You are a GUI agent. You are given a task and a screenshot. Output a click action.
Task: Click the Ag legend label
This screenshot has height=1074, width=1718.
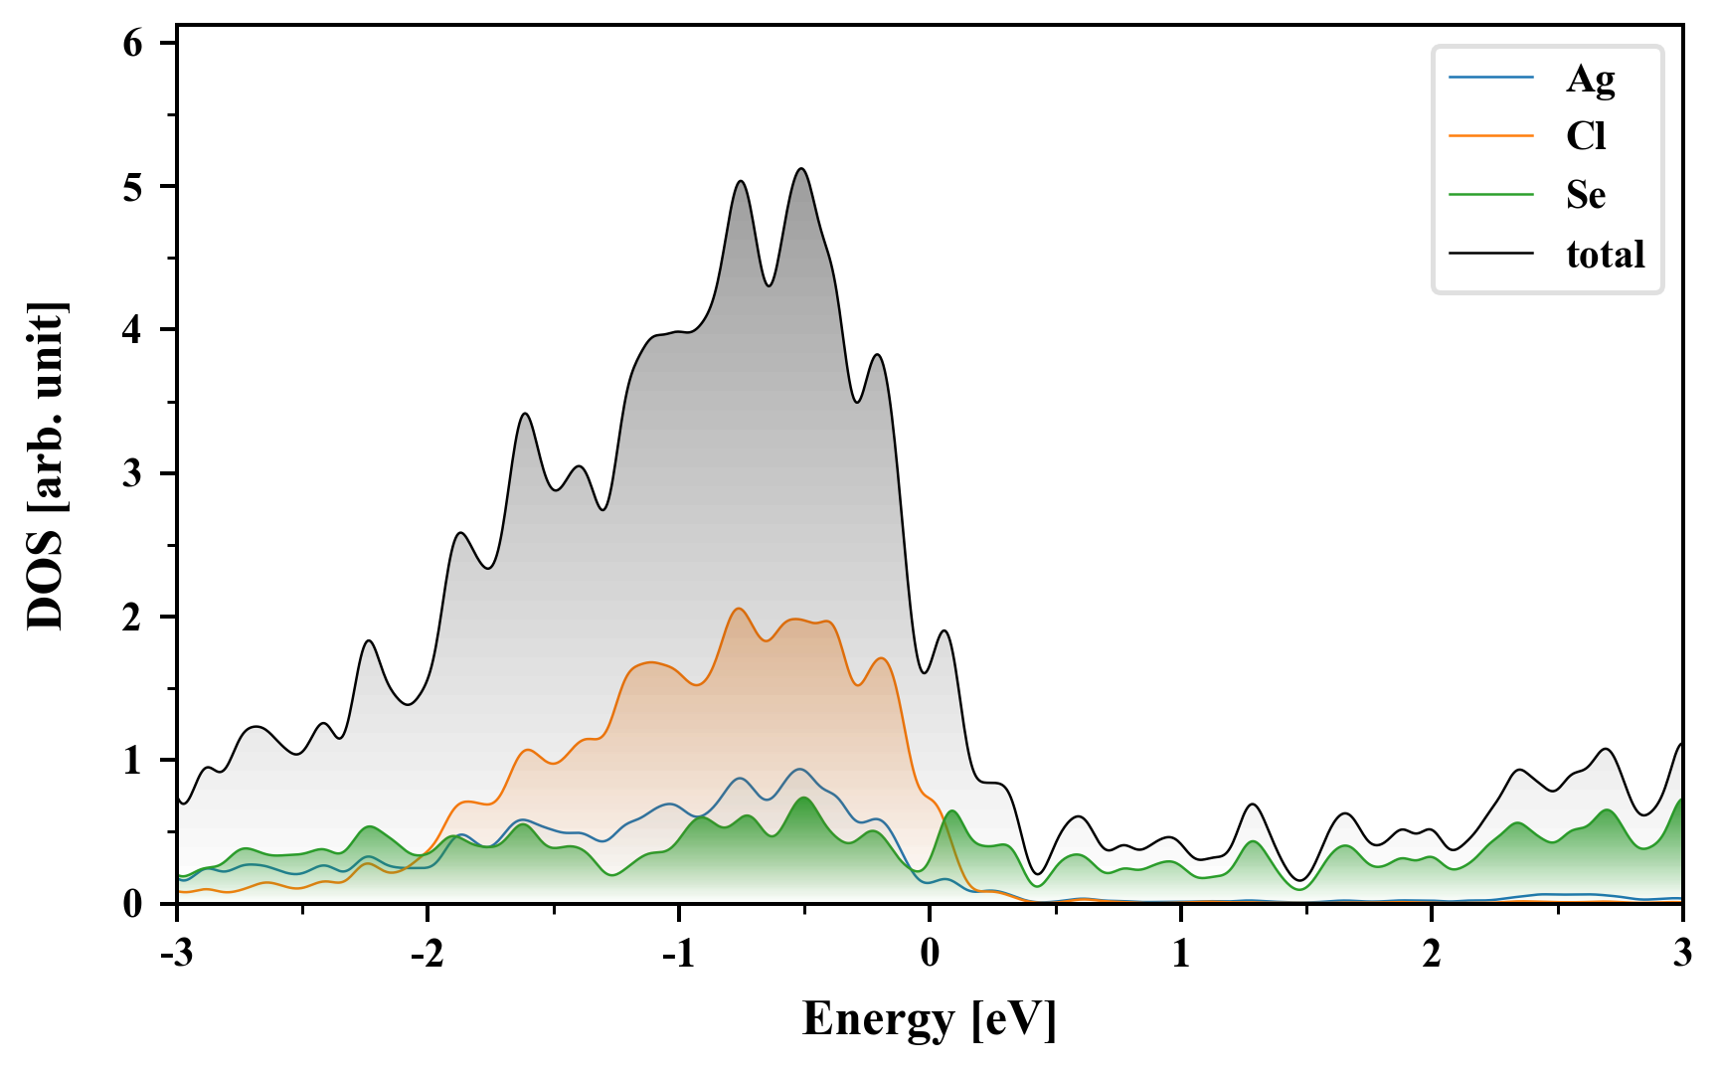pos(1590,79)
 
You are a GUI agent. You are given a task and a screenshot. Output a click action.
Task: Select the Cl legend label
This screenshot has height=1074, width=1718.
pos(1586,136)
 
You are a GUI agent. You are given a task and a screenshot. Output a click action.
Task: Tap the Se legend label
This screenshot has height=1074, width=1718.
pos(1586,195)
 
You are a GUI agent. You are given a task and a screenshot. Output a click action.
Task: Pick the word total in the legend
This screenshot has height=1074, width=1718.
pos(1605,255)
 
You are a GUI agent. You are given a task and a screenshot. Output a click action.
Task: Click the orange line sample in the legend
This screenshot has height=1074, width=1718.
pos(1491,136)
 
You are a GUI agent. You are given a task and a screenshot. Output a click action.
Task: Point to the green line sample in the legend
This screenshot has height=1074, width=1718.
pos(1491,195)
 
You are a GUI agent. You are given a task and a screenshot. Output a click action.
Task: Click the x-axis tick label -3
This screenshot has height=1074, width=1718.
pos(176,955)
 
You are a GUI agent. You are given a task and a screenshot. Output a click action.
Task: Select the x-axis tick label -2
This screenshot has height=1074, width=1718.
pos(427,955)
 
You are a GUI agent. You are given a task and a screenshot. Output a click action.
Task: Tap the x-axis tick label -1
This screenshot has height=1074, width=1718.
pos(678,955)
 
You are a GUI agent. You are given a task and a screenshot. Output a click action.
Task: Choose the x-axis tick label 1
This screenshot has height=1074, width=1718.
pos(1180,955)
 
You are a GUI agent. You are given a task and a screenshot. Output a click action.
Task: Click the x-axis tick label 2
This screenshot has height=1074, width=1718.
pos(1432,955)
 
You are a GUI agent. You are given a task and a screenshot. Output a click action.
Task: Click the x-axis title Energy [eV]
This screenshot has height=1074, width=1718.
pos(930,1019)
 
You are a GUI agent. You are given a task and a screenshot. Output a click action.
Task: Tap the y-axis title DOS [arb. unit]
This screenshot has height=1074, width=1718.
pos(46,465)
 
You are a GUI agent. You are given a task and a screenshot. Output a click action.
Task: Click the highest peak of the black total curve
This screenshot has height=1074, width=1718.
pos(801,169)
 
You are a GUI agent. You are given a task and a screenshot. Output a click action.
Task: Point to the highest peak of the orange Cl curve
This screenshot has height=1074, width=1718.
pos(739,609)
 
